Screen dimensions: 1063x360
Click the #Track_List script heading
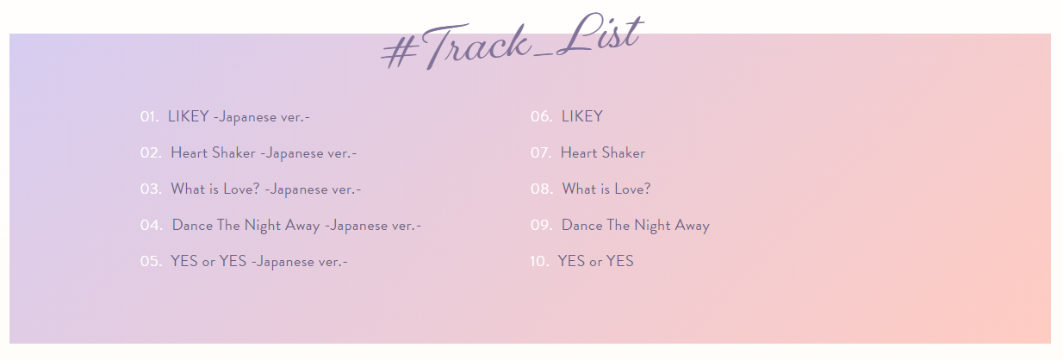(513, 41)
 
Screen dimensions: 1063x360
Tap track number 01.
(150, 116)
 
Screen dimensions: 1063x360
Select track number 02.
(151, 152)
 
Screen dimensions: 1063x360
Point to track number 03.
(151, 189)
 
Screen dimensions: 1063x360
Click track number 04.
(152, 225)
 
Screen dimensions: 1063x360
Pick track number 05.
(151, 261)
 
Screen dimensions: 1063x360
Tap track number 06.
(542, 116)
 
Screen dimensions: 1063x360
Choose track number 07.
(541, 152)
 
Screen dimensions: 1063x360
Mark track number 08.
(542, 189)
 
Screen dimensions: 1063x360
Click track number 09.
(542, 225)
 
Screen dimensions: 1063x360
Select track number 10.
(539, 261)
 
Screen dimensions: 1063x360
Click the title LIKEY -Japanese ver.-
(239, 117)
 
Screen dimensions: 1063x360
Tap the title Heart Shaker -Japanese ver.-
(264, 153)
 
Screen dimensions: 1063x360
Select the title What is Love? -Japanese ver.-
(265, 189)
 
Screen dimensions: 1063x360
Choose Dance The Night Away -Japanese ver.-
(296, 226)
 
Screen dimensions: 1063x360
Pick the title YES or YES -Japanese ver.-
(259, 261)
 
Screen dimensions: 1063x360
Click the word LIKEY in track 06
(582, 116)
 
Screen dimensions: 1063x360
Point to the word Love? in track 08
(632, 189)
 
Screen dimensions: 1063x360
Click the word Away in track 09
(693, 226)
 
